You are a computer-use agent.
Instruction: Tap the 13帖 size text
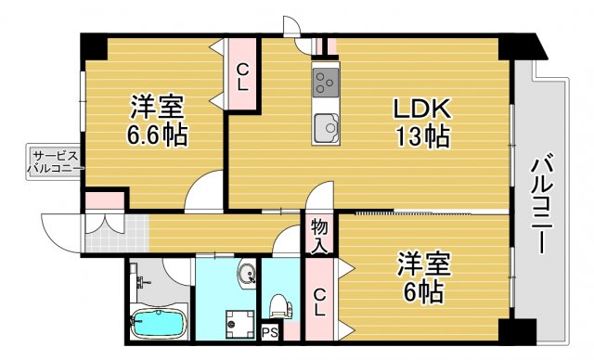(x=423, y=137)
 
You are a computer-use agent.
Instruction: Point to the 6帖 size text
(x=424, y=292)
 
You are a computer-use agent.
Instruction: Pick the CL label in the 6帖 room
(x=318, y=302)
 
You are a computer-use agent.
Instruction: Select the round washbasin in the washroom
(x=247, y=275)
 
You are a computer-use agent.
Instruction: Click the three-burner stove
(x=326, y=81)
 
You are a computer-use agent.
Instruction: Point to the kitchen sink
(x=326, y=127)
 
